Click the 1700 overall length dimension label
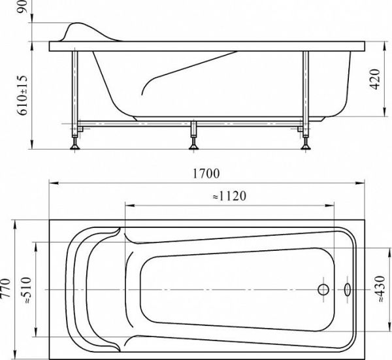(206, 174)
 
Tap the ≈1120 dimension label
(229, 196)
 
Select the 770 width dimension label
(5, 287)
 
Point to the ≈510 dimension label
(27, 289)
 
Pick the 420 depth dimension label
(375, 79)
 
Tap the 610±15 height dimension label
(22, 95)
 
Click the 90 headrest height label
(22, 7)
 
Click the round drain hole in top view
(323, 289)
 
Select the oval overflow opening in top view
(348, 289)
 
